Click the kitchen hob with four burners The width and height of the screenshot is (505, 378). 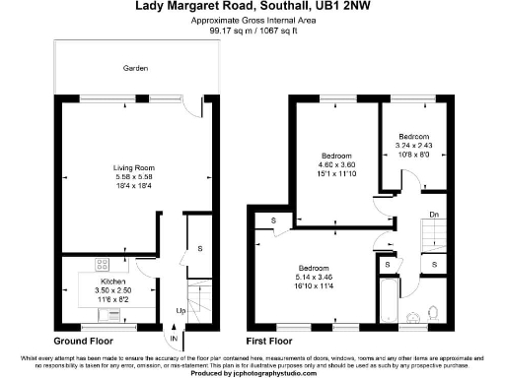pos(102,264)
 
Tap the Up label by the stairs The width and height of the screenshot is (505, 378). pos(179,311)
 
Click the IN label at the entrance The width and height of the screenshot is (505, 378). pos(175,341)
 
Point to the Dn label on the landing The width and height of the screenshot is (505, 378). pos(433,215)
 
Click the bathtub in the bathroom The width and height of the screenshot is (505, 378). pos(388,300)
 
